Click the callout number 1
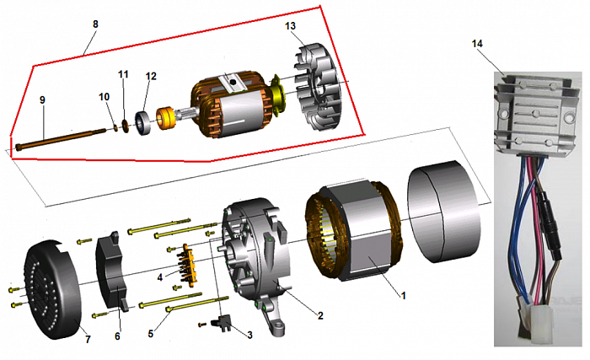[x=404, y=296]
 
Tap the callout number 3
[x=249, y=335]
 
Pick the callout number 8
[x=95, y=24]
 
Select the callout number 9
[x=41, y=99]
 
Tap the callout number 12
[x=151, y=77]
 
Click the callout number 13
[x=291, y=26]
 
